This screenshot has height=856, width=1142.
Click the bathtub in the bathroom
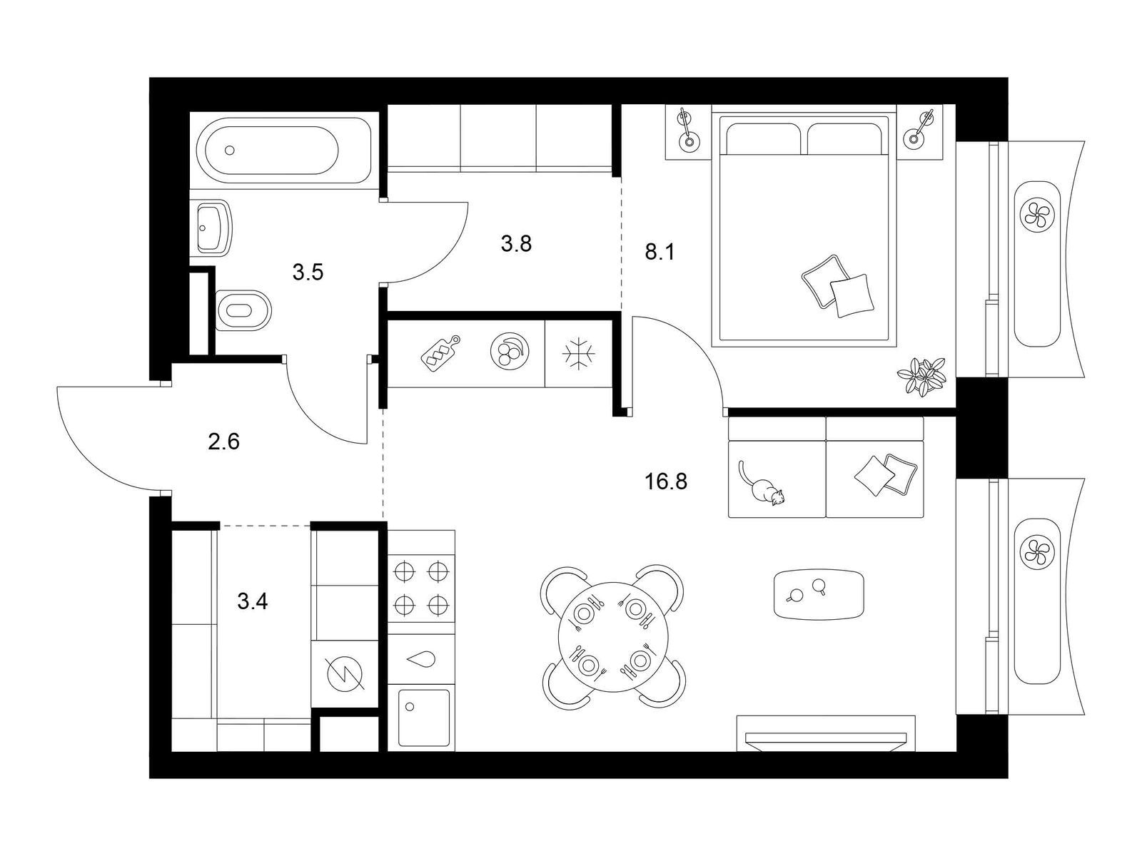[x=283, y=150]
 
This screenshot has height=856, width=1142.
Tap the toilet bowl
[x=243, y=310]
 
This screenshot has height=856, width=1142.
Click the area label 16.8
[x=665, y=481]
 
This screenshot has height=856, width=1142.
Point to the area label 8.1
[x=660, y=253]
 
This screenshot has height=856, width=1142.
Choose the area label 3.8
[x=516, y=243]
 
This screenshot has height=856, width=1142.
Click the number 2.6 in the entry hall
[x=223, y=442]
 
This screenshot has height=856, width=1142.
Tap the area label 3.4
[x=253, y=602]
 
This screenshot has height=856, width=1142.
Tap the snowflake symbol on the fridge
[x=578, y=354]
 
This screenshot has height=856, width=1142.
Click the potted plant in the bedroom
[x=922, y=377]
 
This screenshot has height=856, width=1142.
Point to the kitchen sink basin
[x=423, y=717]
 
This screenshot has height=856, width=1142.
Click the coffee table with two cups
[x=819, y=595]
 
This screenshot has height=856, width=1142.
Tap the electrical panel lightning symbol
[x=344, y=674]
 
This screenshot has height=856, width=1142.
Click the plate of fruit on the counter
[x=509, y=351]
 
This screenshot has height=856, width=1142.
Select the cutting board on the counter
[x=440, y=353]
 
